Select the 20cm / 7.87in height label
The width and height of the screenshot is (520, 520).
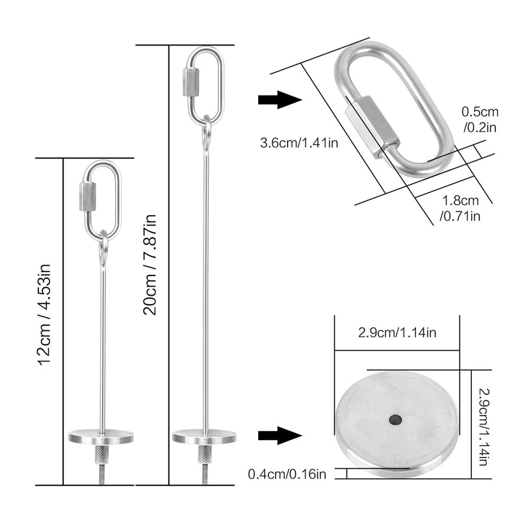tap(151, 263)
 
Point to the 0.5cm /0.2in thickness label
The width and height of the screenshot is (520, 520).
tap(479, 118)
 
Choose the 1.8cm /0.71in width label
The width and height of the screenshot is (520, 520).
tap(460, 208)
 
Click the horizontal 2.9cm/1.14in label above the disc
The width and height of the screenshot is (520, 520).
tap(397, 333)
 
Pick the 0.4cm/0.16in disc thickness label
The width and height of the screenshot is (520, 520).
tap(287, 474)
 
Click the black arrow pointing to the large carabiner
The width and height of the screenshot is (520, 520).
tap(279, 100)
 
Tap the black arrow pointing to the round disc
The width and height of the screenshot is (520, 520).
tap(279, 435)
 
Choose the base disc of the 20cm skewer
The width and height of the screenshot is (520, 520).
tap(204, 437)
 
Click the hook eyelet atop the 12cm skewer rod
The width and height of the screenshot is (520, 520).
tap(103, 249)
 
